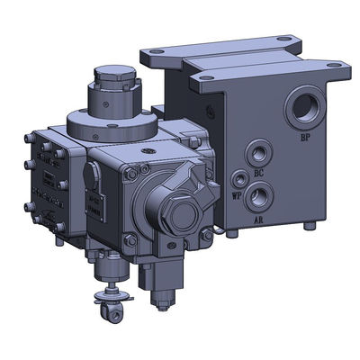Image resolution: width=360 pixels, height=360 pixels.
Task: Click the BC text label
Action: [258, 170]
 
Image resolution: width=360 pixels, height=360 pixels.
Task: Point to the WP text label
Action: [236, 193]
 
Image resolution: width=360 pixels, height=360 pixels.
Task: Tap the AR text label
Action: [259, 217]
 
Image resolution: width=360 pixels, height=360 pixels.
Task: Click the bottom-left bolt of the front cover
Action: [132, 239]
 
